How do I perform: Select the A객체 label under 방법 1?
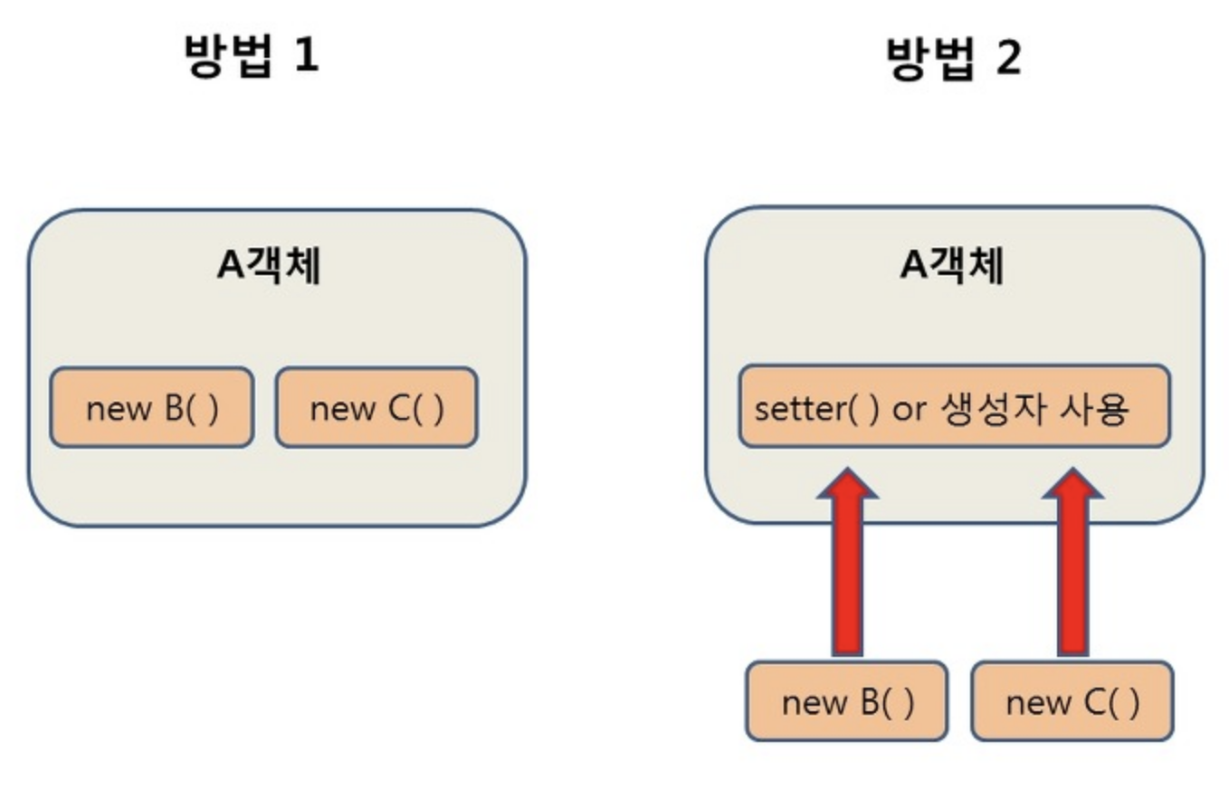[x=269, y=267]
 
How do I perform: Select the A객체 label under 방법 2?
[x=953, y=267]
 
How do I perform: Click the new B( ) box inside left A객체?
[x=151, y=408]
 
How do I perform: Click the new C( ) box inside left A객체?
[x=376, y=408]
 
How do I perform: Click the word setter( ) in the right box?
[x=815, y=408]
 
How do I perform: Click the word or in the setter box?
[x=909, y=409]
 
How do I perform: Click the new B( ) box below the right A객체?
[x=847, y=701]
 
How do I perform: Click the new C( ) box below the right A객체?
[x=1072, y=701]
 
